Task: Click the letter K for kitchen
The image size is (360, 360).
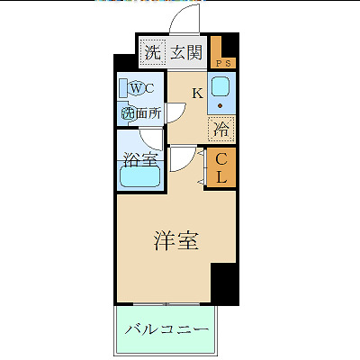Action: (x=197, y=93)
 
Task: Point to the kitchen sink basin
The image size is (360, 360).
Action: (x=221, y=89)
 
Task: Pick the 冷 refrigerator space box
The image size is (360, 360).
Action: (x=221, y=128)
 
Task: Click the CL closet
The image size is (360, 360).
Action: (x=221, y=167)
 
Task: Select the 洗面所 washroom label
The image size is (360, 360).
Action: (x=141, y=113)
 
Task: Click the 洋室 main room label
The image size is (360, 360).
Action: (x=175, y=241)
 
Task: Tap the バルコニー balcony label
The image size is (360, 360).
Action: (x=167, y=330)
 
